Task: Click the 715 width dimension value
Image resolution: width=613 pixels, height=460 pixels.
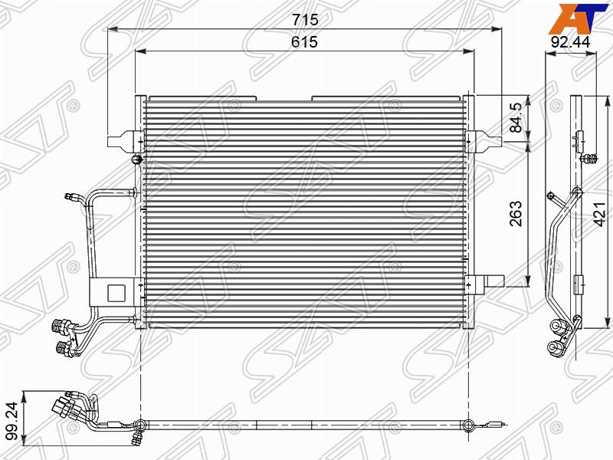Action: point(305,19)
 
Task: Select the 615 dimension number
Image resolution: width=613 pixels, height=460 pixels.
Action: point(304,42)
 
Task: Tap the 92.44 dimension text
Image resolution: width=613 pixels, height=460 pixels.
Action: point(570,42)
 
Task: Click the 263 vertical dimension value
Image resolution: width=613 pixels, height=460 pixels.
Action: point(516,214)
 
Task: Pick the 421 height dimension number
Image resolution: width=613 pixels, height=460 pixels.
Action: point(600,214)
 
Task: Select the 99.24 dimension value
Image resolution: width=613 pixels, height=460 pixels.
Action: point(12,420)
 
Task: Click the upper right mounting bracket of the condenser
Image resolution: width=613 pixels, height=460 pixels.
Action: point(484,142)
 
